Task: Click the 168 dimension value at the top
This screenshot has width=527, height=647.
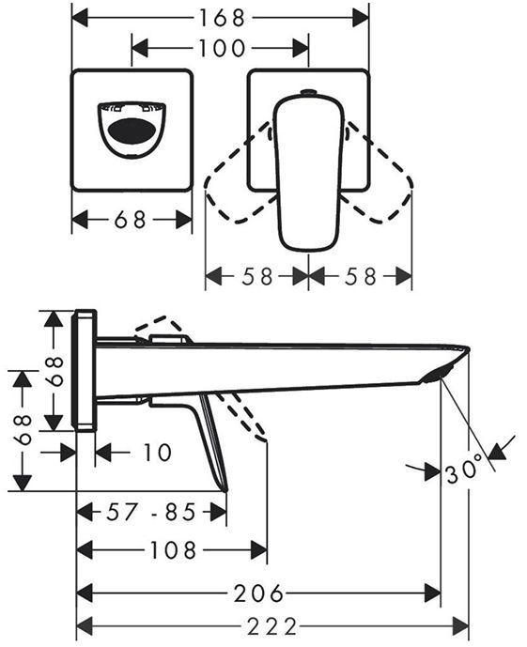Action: [x=223, y=18]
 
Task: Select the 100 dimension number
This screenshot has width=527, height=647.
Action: [x=223, y=49]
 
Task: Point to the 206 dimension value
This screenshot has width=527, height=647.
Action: [x=258, y=593]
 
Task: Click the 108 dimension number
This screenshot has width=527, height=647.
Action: [x=173, y=550]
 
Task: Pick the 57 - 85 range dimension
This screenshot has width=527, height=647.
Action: [x=151, y=513]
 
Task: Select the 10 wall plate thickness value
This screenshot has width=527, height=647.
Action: [x=157, y=453]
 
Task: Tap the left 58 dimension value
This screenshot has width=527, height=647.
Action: [x=257, y=276]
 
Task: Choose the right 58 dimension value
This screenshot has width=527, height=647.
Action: [x=361, y=276]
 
